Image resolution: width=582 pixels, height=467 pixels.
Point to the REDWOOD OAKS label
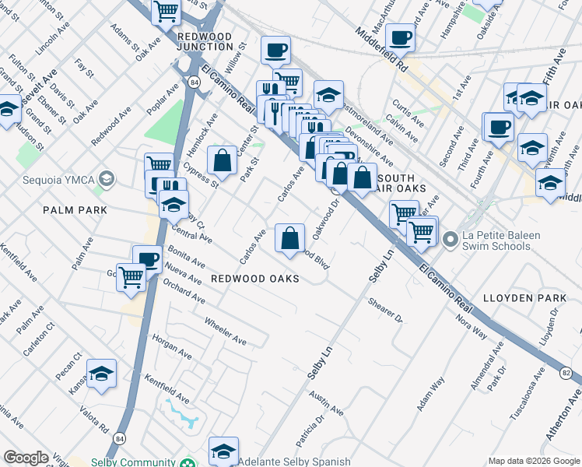[255, 279]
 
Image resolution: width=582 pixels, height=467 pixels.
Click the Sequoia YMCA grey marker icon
[107, 180]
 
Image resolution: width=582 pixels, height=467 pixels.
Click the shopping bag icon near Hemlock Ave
[222, 160]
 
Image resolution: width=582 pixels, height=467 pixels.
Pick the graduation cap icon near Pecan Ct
[101, 374]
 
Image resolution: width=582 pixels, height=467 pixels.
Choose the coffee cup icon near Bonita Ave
[147, 259]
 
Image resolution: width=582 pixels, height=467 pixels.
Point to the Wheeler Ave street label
[225, 331]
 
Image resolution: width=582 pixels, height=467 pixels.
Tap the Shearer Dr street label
[386, 313]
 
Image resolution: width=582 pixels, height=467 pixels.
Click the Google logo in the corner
[26, 458]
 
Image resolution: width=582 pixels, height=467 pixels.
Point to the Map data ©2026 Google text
[533, 461]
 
